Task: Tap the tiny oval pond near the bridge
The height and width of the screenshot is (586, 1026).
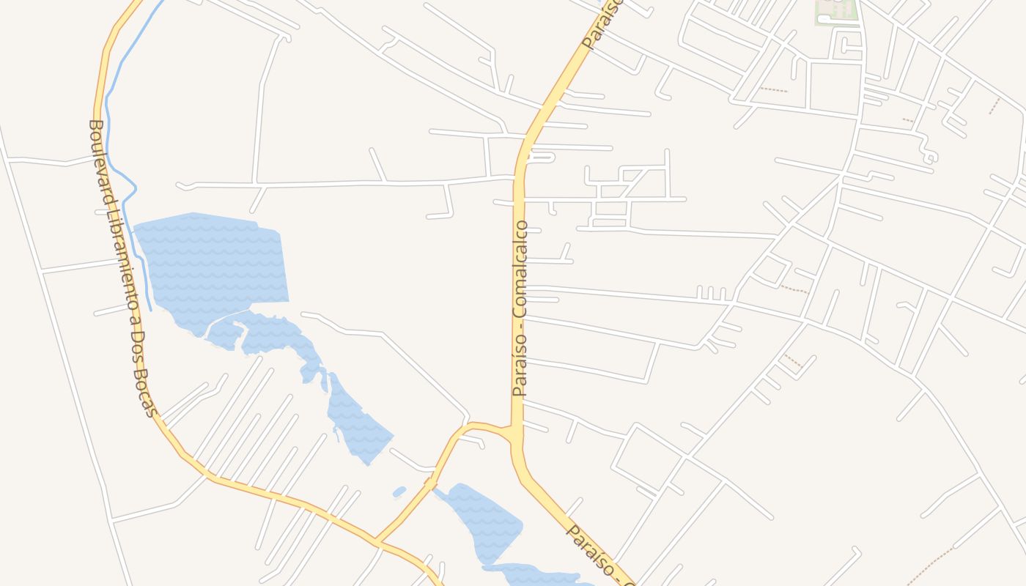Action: [x=399, y=492]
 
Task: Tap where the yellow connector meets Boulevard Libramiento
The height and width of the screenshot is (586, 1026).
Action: [x=378, y=543]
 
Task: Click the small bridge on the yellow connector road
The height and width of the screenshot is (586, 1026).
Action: [x=429, y=484]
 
